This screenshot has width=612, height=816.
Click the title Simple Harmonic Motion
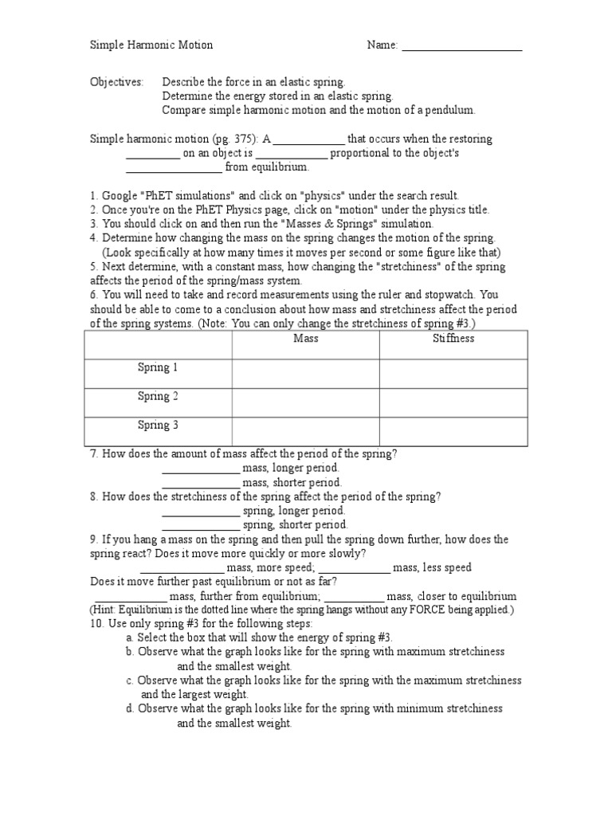pos(151,45)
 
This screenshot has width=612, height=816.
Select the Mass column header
pos(305,339)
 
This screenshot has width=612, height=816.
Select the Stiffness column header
pos(453,339)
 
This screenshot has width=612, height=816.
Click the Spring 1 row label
pos(158,367)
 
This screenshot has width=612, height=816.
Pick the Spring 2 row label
pos(158,396)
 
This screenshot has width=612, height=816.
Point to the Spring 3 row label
pos(158,425)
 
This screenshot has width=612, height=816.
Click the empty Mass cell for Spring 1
pos(305,374)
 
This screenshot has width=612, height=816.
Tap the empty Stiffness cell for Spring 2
pos(453,402)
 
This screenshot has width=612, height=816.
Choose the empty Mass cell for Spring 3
pos(305,431)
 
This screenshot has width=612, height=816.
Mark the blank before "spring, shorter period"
pos(200,527)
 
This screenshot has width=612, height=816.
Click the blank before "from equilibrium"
pos(174,169)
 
